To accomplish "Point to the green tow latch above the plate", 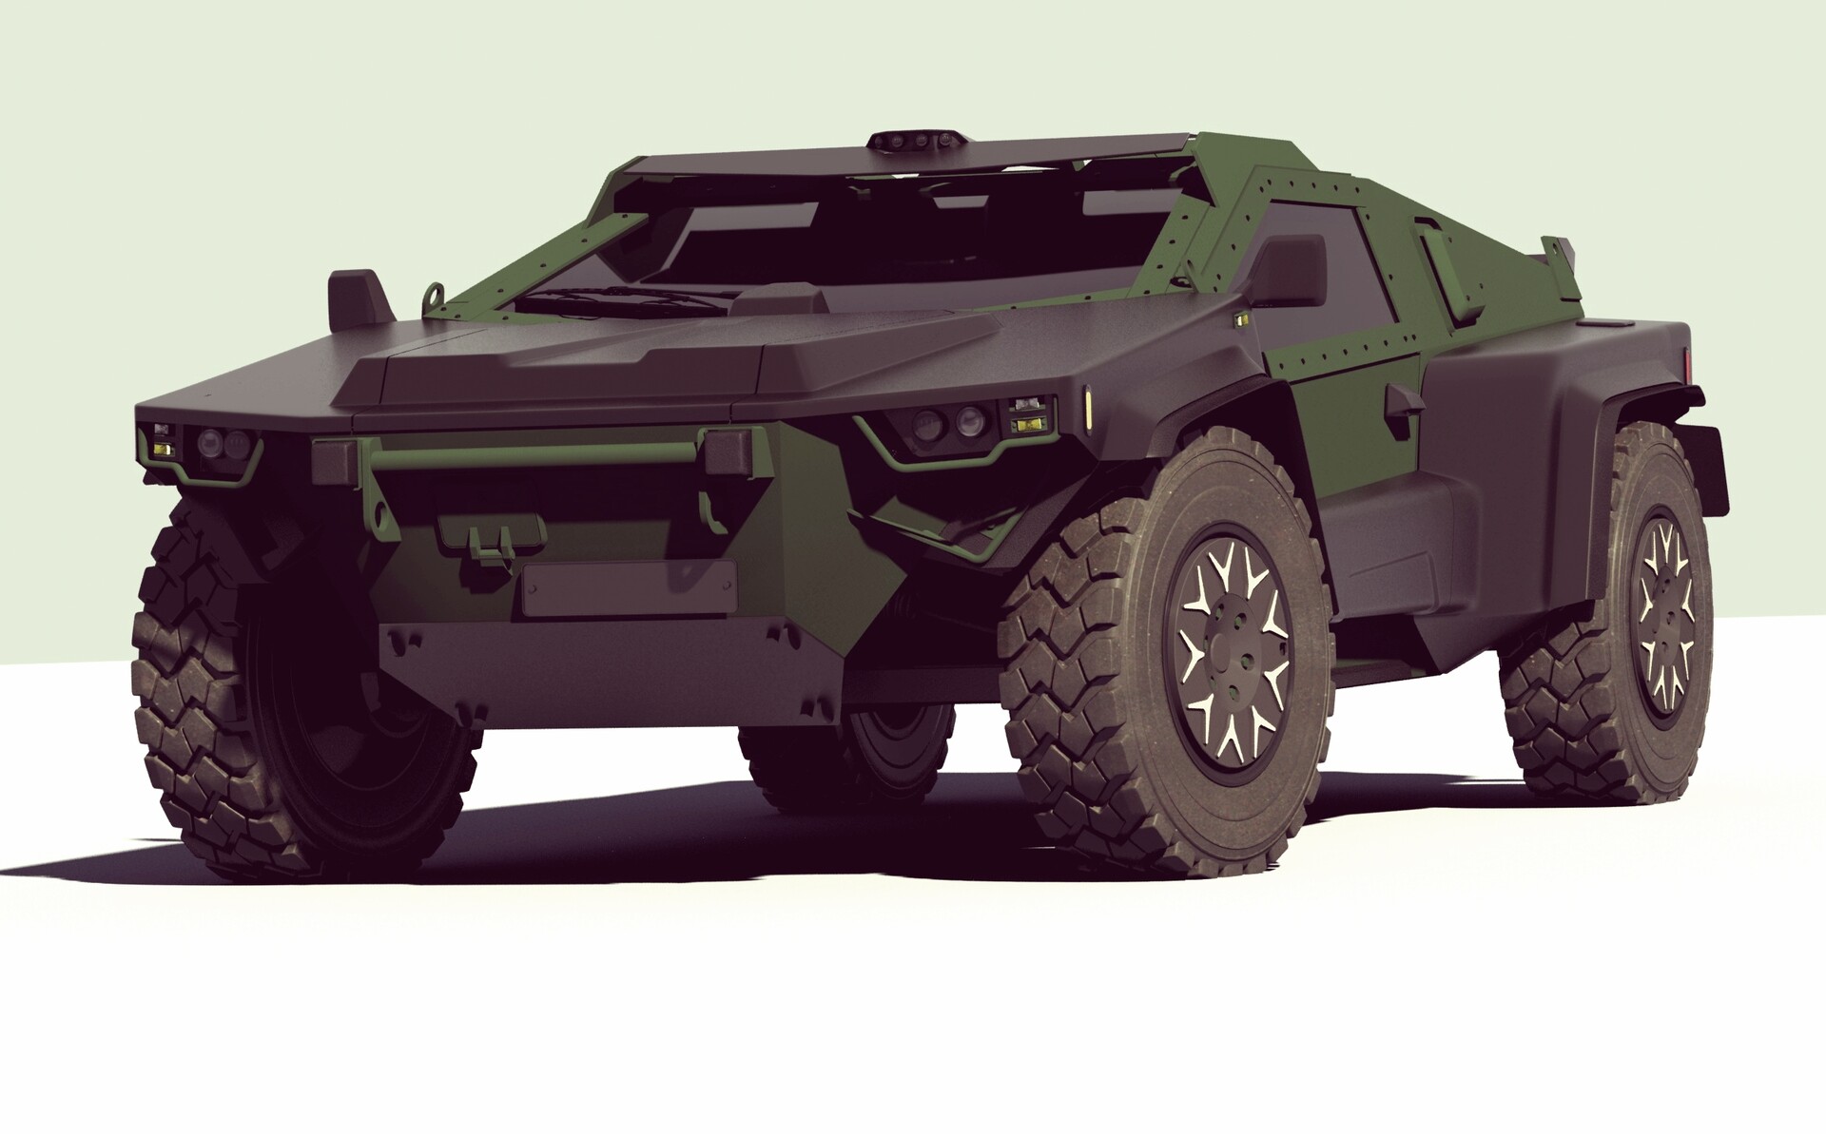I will (x=483, y=540).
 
